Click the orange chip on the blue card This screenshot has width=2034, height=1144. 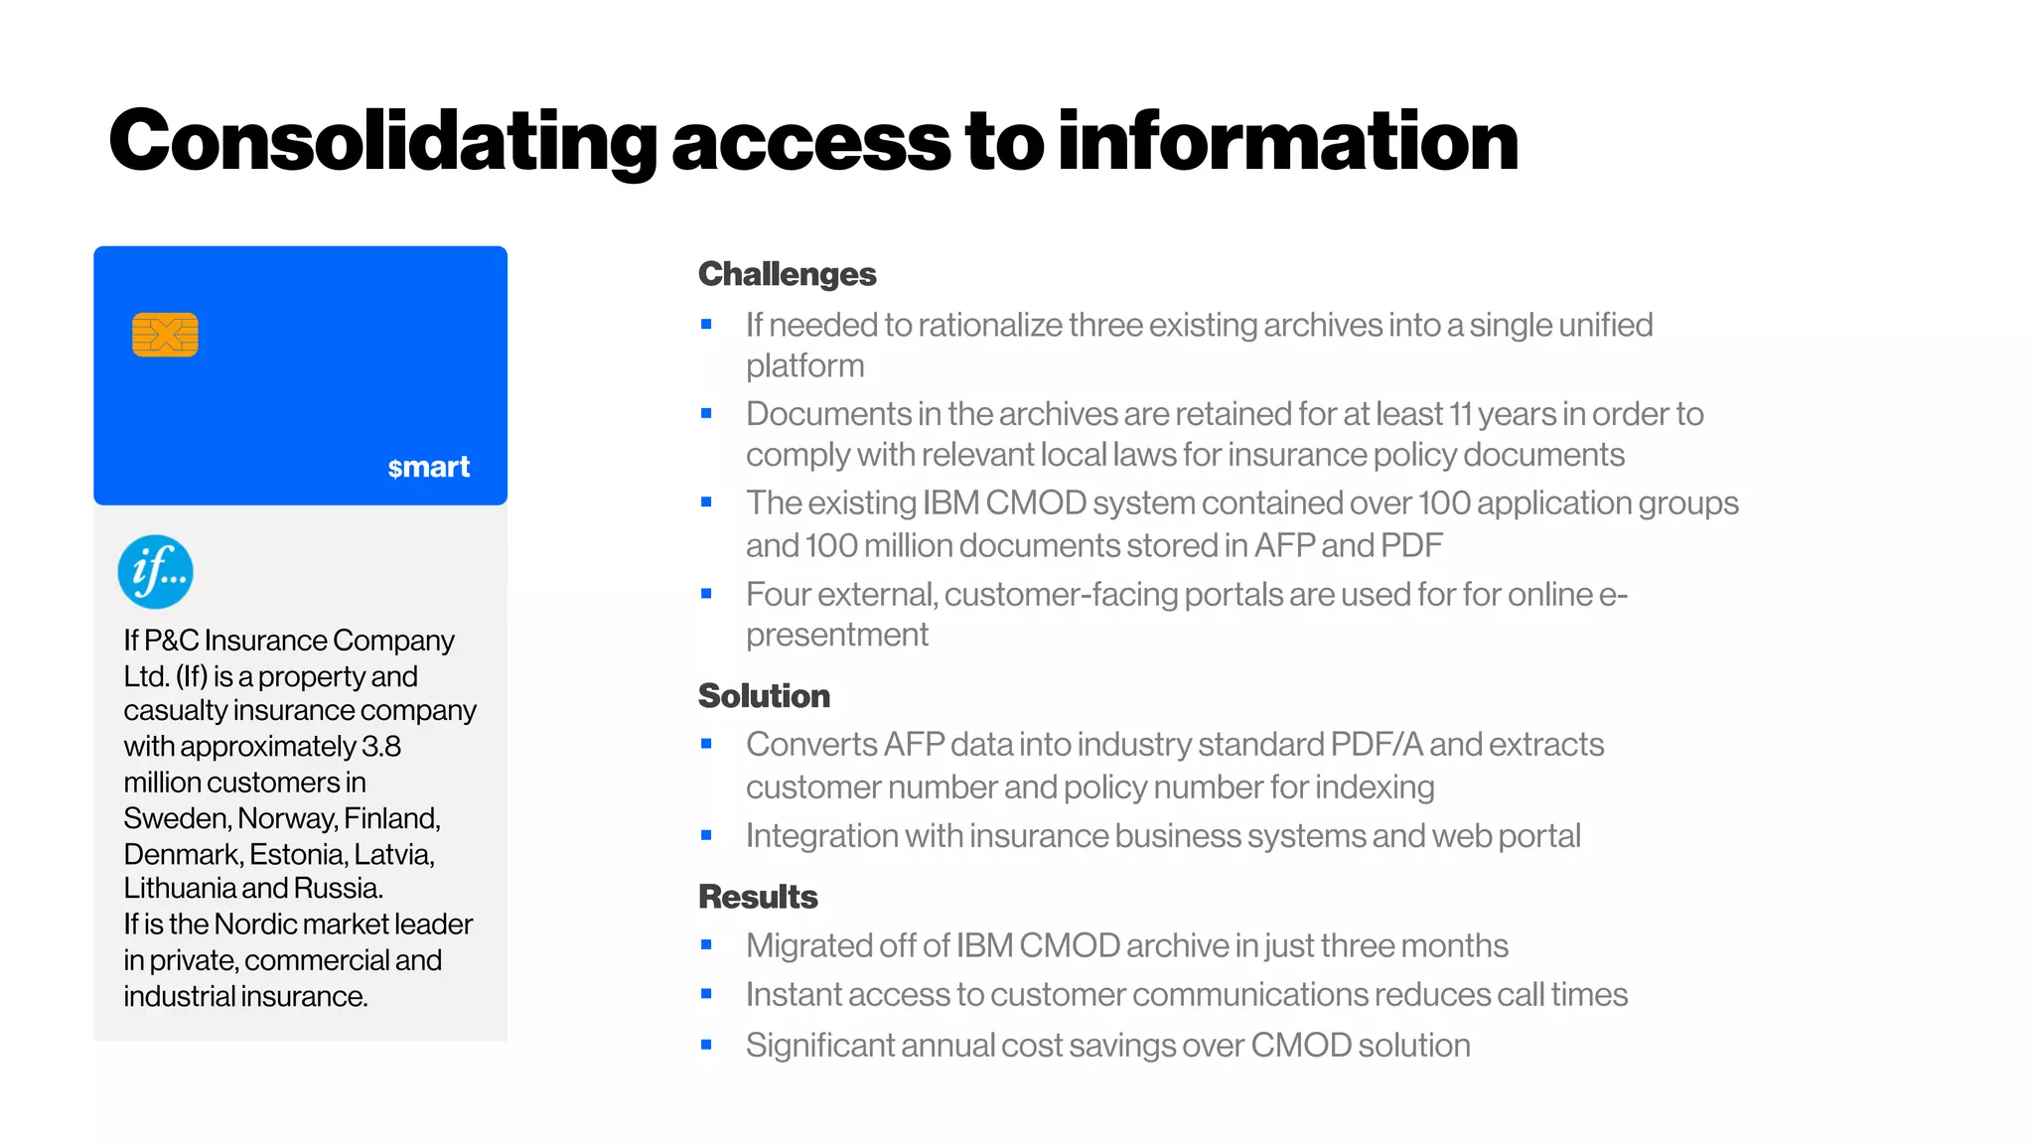click(165, 335)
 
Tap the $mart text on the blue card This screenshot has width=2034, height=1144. click(428, 467)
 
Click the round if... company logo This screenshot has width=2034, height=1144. click(156, 572)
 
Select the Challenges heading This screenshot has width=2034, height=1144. click(787, 274)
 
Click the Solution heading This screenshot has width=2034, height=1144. click(764, 696)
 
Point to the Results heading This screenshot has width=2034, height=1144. click(758, 897)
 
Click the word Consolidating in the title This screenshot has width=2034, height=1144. click(382, 142)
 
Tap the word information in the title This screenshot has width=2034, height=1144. click(1288, 142)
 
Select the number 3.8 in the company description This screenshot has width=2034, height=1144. click(381, 747)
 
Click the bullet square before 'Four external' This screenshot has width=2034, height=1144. click(706, 594)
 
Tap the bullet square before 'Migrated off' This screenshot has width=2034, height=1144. click(706, 945)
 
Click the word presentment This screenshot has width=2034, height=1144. click(837, 635)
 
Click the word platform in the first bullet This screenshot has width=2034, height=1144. click(805, 366)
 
